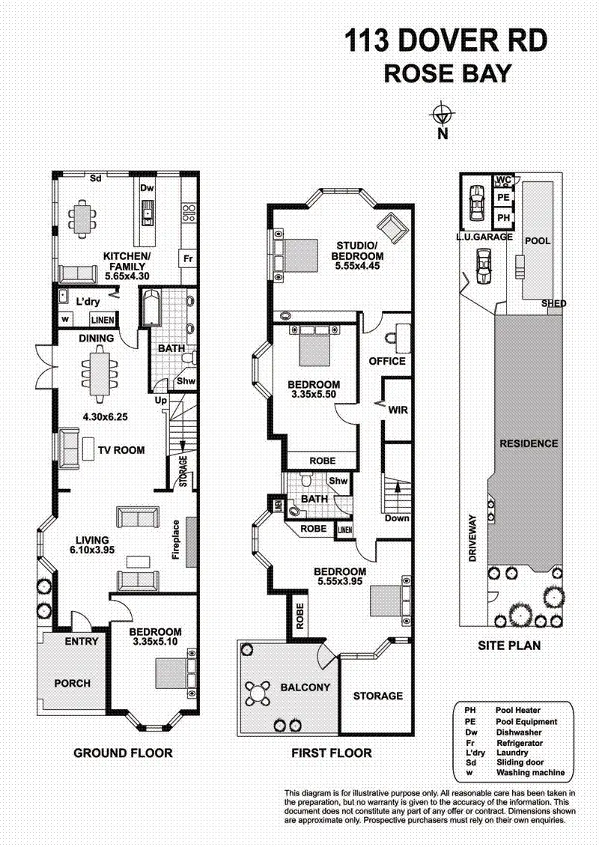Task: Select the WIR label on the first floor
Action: coord(398,410)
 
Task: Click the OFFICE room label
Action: coord(387,361)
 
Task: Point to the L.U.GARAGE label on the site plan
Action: coord(484,237)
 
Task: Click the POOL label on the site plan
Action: coord(538,241)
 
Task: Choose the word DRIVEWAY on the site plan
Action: coord(472,538)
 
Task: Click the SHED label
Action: coord(555,303)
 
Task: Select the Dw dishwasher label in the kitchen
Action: coord(148,189)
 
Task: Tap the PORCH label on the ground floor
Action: coord(73,683)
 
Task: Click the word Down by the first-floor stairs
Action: coord(396,518)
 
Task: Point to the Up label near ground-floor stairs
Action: coord(159,400)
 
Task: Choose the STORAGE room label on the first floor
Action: coord(378,696)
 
